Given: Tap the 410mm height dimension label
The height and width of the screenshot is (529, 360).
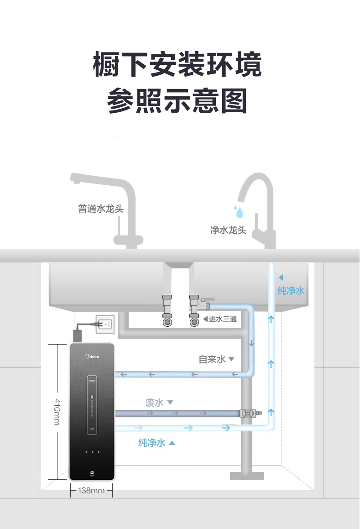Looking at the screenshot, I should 57,412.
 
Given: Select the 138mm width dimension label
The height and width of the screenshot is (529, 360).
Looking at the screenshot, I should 91,491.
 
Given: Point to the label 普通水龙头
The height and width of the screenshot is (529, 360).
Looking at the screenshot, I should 101,209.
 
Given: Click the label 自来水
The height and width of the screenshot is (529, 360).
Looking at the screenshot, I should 213,360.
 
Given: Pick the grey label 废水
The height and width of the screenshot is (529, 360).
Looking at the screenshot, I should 155,403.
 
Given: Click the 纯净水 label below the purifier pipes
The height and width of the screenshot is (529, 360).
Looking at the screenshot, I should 152,442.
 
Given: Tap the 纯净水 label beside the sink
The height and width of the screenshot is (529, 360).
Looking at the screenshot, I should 291,291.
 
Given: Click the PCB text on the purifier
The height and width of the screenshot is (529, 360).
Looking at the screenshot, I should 92,381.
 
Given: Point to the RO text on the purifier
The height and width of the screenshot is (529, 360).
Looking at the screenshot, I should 92,429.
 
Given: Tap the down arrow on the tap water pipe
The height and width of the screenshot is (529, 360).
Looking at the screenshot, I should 251,343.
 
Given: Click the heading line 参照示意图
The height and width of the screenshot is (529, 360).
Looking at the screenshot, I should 177,101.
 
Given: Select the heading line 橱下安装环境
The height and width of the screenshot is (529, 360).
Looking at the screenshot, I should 177,65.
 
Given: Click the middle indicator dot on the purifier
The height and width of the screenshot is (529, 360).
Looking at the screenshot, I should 92,452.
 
